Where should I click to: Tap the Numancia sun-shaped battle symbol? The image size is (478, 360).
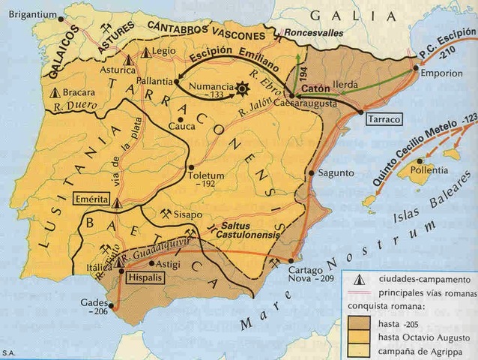click(241, 88)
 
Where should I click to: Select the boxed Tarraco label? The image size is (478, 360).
click(384, 119)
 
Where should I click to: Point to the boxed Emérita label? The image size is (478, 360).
click(91, 199)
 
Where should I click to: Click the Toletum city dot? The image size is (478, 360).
click(192, 167)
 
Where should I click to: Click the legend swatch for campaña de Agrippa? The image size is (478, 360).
click(359, 350)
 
